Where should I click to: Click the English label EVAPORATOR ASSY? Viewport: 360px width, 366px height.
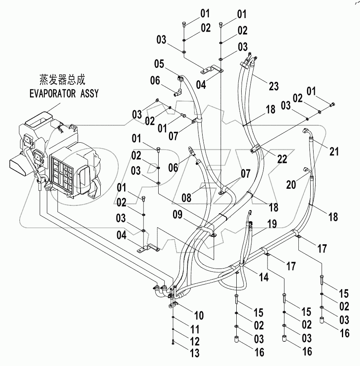point(64,94)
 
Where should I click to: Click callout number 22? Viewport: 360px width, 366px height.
point(282,159)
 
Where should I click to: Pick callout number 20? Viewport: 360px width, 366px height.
point(291,185)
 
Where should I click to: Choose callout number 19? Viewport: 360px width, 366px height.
point(272,224)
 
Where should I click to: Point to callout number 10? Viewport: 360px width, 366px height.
point(198,316)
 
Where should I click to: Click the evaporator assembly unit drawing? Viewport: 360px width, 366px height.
point(58,156)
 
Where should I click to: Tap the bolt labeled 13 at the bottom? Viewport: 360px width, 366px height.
point(173,341)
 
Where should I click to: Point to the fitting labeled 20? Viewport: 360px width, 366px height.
point(306,169)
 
